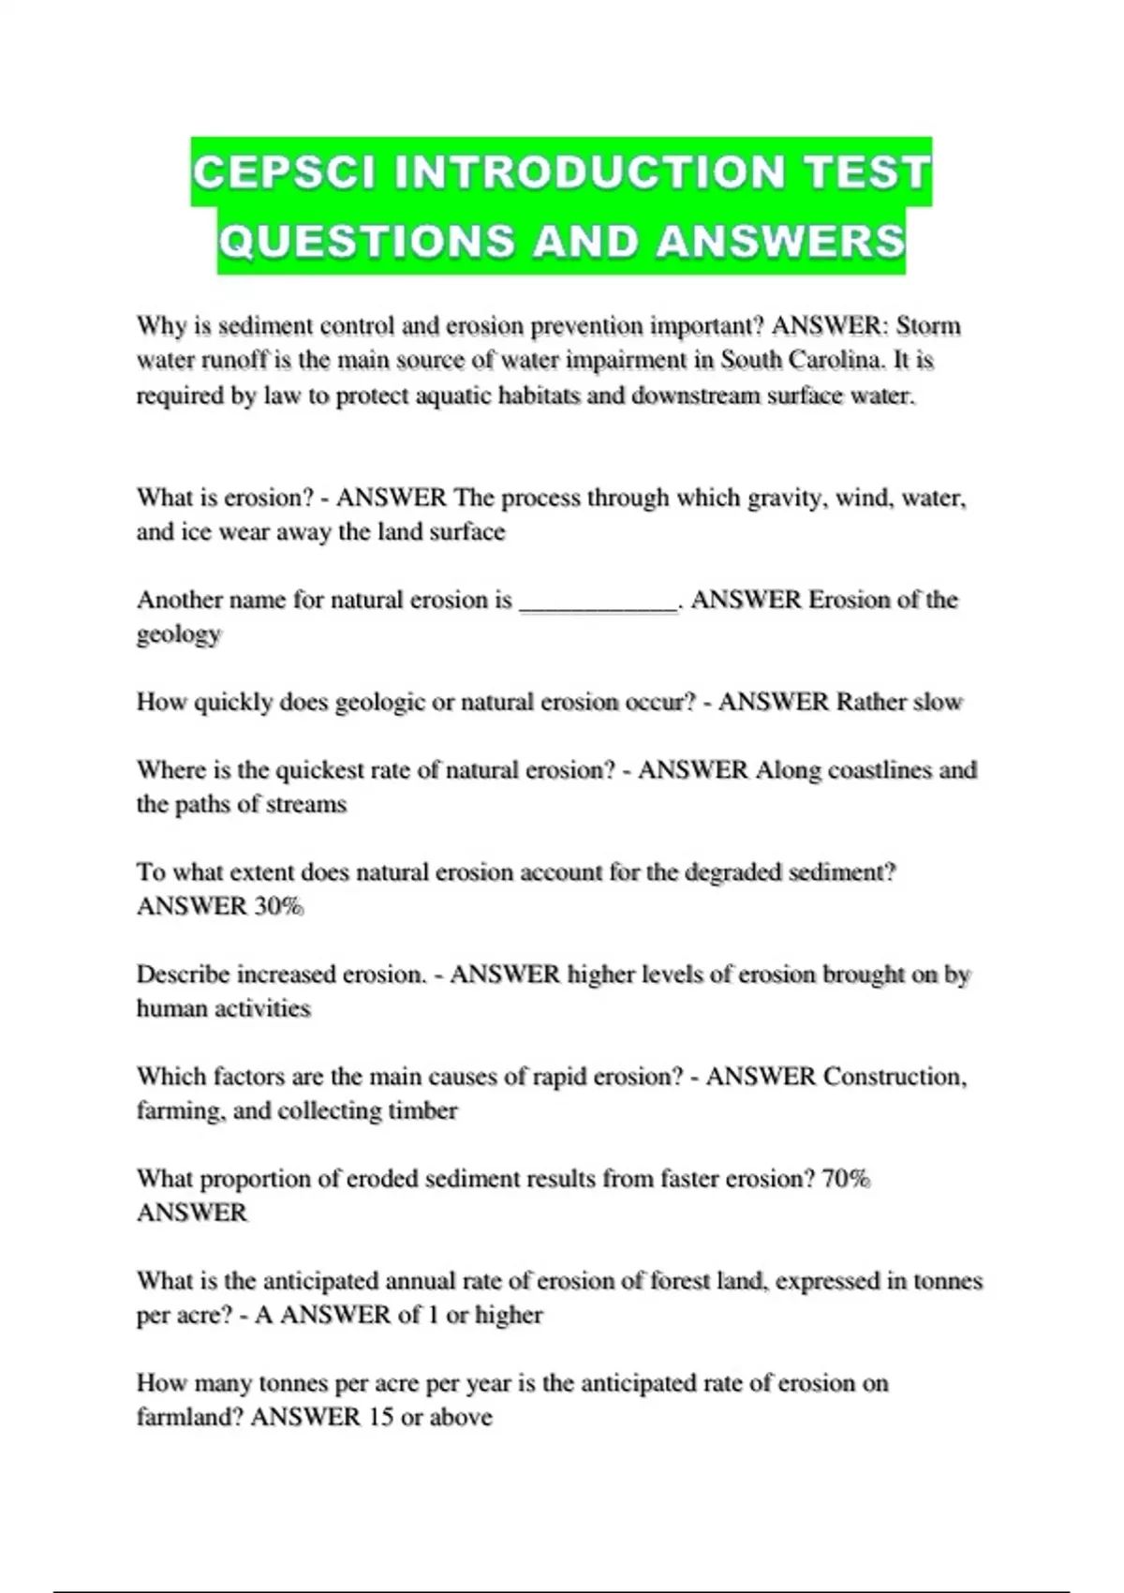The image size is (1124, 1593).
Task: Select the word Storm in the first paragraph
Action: point(928,326)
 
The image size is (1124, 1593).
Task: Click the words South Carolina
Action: point(802,361)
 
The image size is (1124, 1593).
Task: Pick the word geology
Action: point(179,635)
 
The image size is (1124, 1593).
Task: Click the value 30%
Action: point(278,906)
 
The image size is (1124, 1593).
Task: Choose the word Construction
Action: point(894,1077)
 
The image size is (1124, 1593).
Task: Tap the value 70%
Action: point(846,1179)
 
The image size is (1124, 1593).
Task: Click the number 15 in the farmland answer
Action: point(380,1417)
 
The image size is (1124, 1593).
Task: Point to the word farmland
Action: point(189,1417)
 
